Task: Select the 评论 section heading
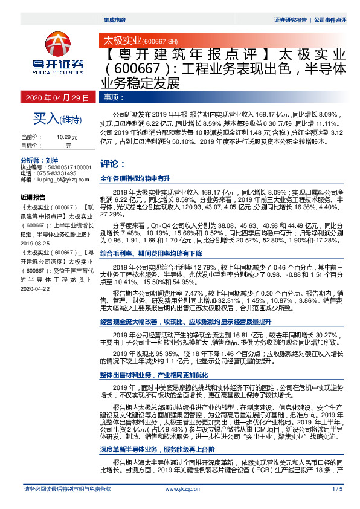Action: click(x=112, y=163)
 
